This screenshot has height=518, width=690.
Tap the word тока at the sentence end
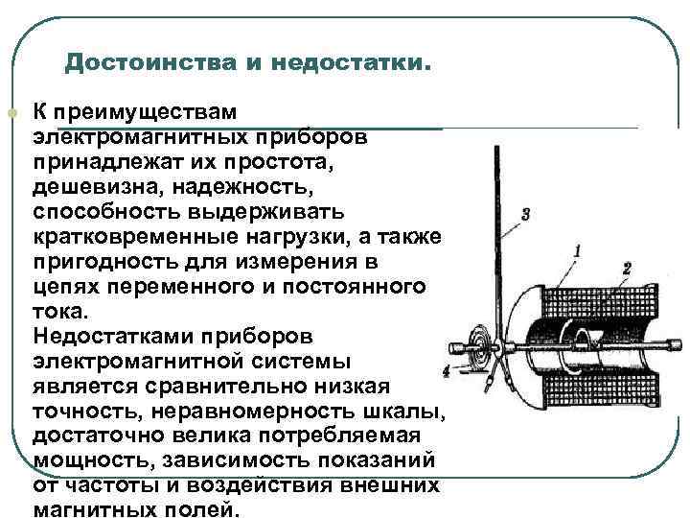coord(59,311)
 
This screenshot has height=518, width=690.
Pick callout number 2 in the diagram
coord(626,268)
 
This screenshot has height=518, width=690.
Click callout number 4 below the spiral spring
coord(447,369)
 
